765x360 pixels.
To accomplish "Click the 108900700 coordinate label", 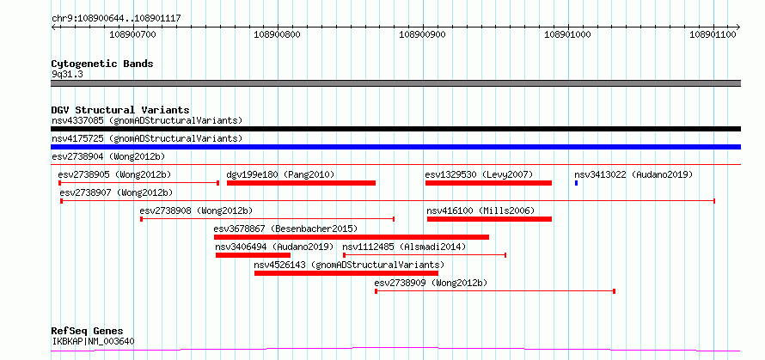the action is [x=132, y=34].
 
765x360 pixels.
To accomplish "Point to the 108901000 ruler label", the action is [x=568, y=34].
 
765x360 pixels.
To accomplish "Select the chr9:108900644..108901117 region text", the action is [x=116, y=19].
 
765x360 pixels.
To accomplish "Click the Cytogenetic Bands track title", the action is [x=102, y=64].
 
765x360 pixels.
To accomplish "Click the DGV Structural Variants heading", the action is [x=120, y=110].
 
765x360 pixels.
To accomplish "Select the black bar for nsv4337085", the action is [x=395, y=129].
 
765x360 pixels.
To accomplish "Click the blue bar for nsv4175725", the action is [x=395, y=147].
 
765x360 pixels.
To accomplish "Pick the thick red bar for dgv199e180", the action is [x=301, y=183].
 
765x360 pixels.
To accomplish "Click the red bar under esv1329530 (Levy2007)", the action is [x=488, y=183].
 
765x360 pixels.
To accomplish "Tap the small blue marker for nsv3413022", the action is [x=576, y=183].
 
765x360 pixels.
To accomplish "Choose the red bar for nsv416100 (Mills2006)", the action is [x=489, y=219].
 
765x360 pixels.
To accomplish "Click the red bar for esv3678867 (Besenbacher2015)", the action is [x=352, y=237].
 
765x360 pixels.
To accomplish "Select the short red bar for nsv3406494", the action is [x=253, y=255].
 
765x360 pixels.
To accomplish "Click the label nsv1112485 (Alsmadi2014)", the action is [x=404, y=247].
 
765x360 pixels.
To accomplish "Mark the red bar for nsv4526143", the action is [x=346, y=273].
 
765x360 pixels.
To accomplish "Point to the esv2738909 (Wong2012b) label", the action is [x=431, y=283].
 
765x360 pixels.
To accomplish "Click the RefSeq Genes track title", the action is [x=88, y=332].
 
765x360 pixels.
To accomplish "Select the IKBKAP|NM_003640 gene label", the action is [x=93, y=341].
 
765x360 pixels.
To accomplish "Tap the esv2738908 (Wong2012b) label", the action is [x=196, y=211].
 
